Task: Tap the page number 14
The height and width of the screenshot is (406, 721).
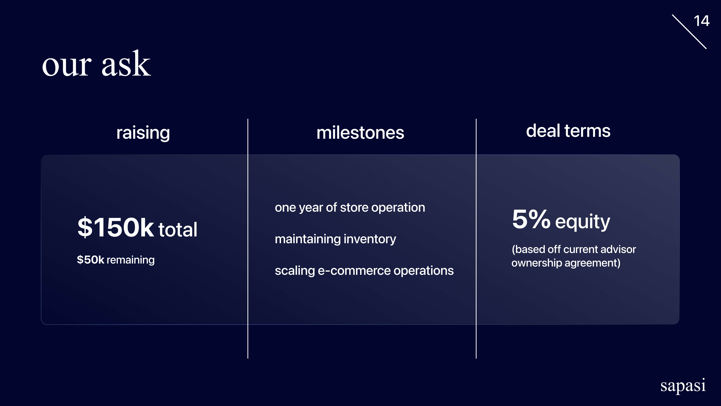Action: click(x=701, y=21)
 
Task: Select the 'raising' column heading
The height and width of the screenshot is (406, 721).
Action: click(x=143, y=133)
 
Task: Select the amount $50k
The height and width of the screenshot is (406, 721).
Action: click(x=90, y=260)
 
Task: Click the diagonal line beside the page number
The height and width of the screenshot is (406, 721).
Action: click(x=689, y=32)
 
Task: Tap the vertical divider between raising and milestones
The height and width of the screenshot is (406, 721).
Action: click(x=248, y=238)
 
